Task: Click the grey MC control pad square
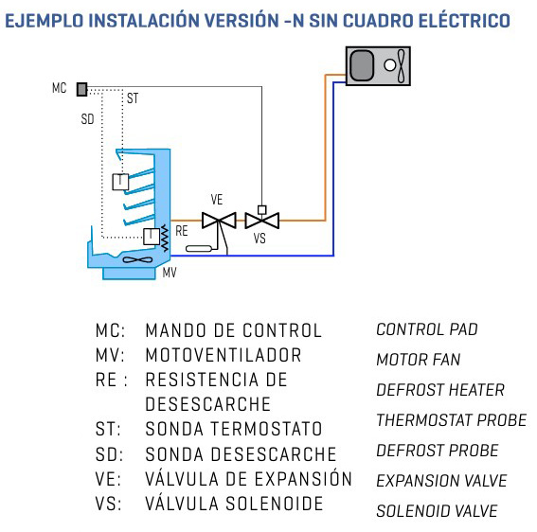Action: tap(81, 89)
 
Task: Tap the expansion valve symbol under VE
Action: tap(219, 221)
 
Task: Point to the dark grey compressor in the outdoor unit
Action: tap(362, 65)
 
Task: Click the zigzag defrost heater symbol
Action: tap(165, 238)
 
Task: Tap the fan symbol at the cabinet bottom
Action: tap(137, 259)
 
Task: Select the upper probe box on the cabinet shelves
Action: tap(120, 182)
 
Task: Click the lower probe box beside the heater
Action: tap(151, 237)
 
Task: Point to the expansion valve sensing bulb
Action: tap(199, 249)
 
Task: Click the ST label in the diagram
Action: tap(133, 98)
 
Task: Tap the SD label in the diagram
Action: tap(87, 119)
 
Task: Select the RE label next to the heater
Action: tap(182, 231)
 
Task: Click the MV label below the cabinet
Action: tap(170, 273)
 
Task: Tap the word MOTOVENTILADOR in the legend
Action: tap(224, 355)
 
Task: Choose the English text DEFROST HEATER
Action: tap(440, 390)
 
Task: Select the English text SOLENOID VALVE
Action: tap(437, 511)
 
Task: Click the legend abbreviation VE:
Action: tap(108, 479)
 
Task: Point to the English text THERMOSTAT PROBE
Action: tap(451, 420)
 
